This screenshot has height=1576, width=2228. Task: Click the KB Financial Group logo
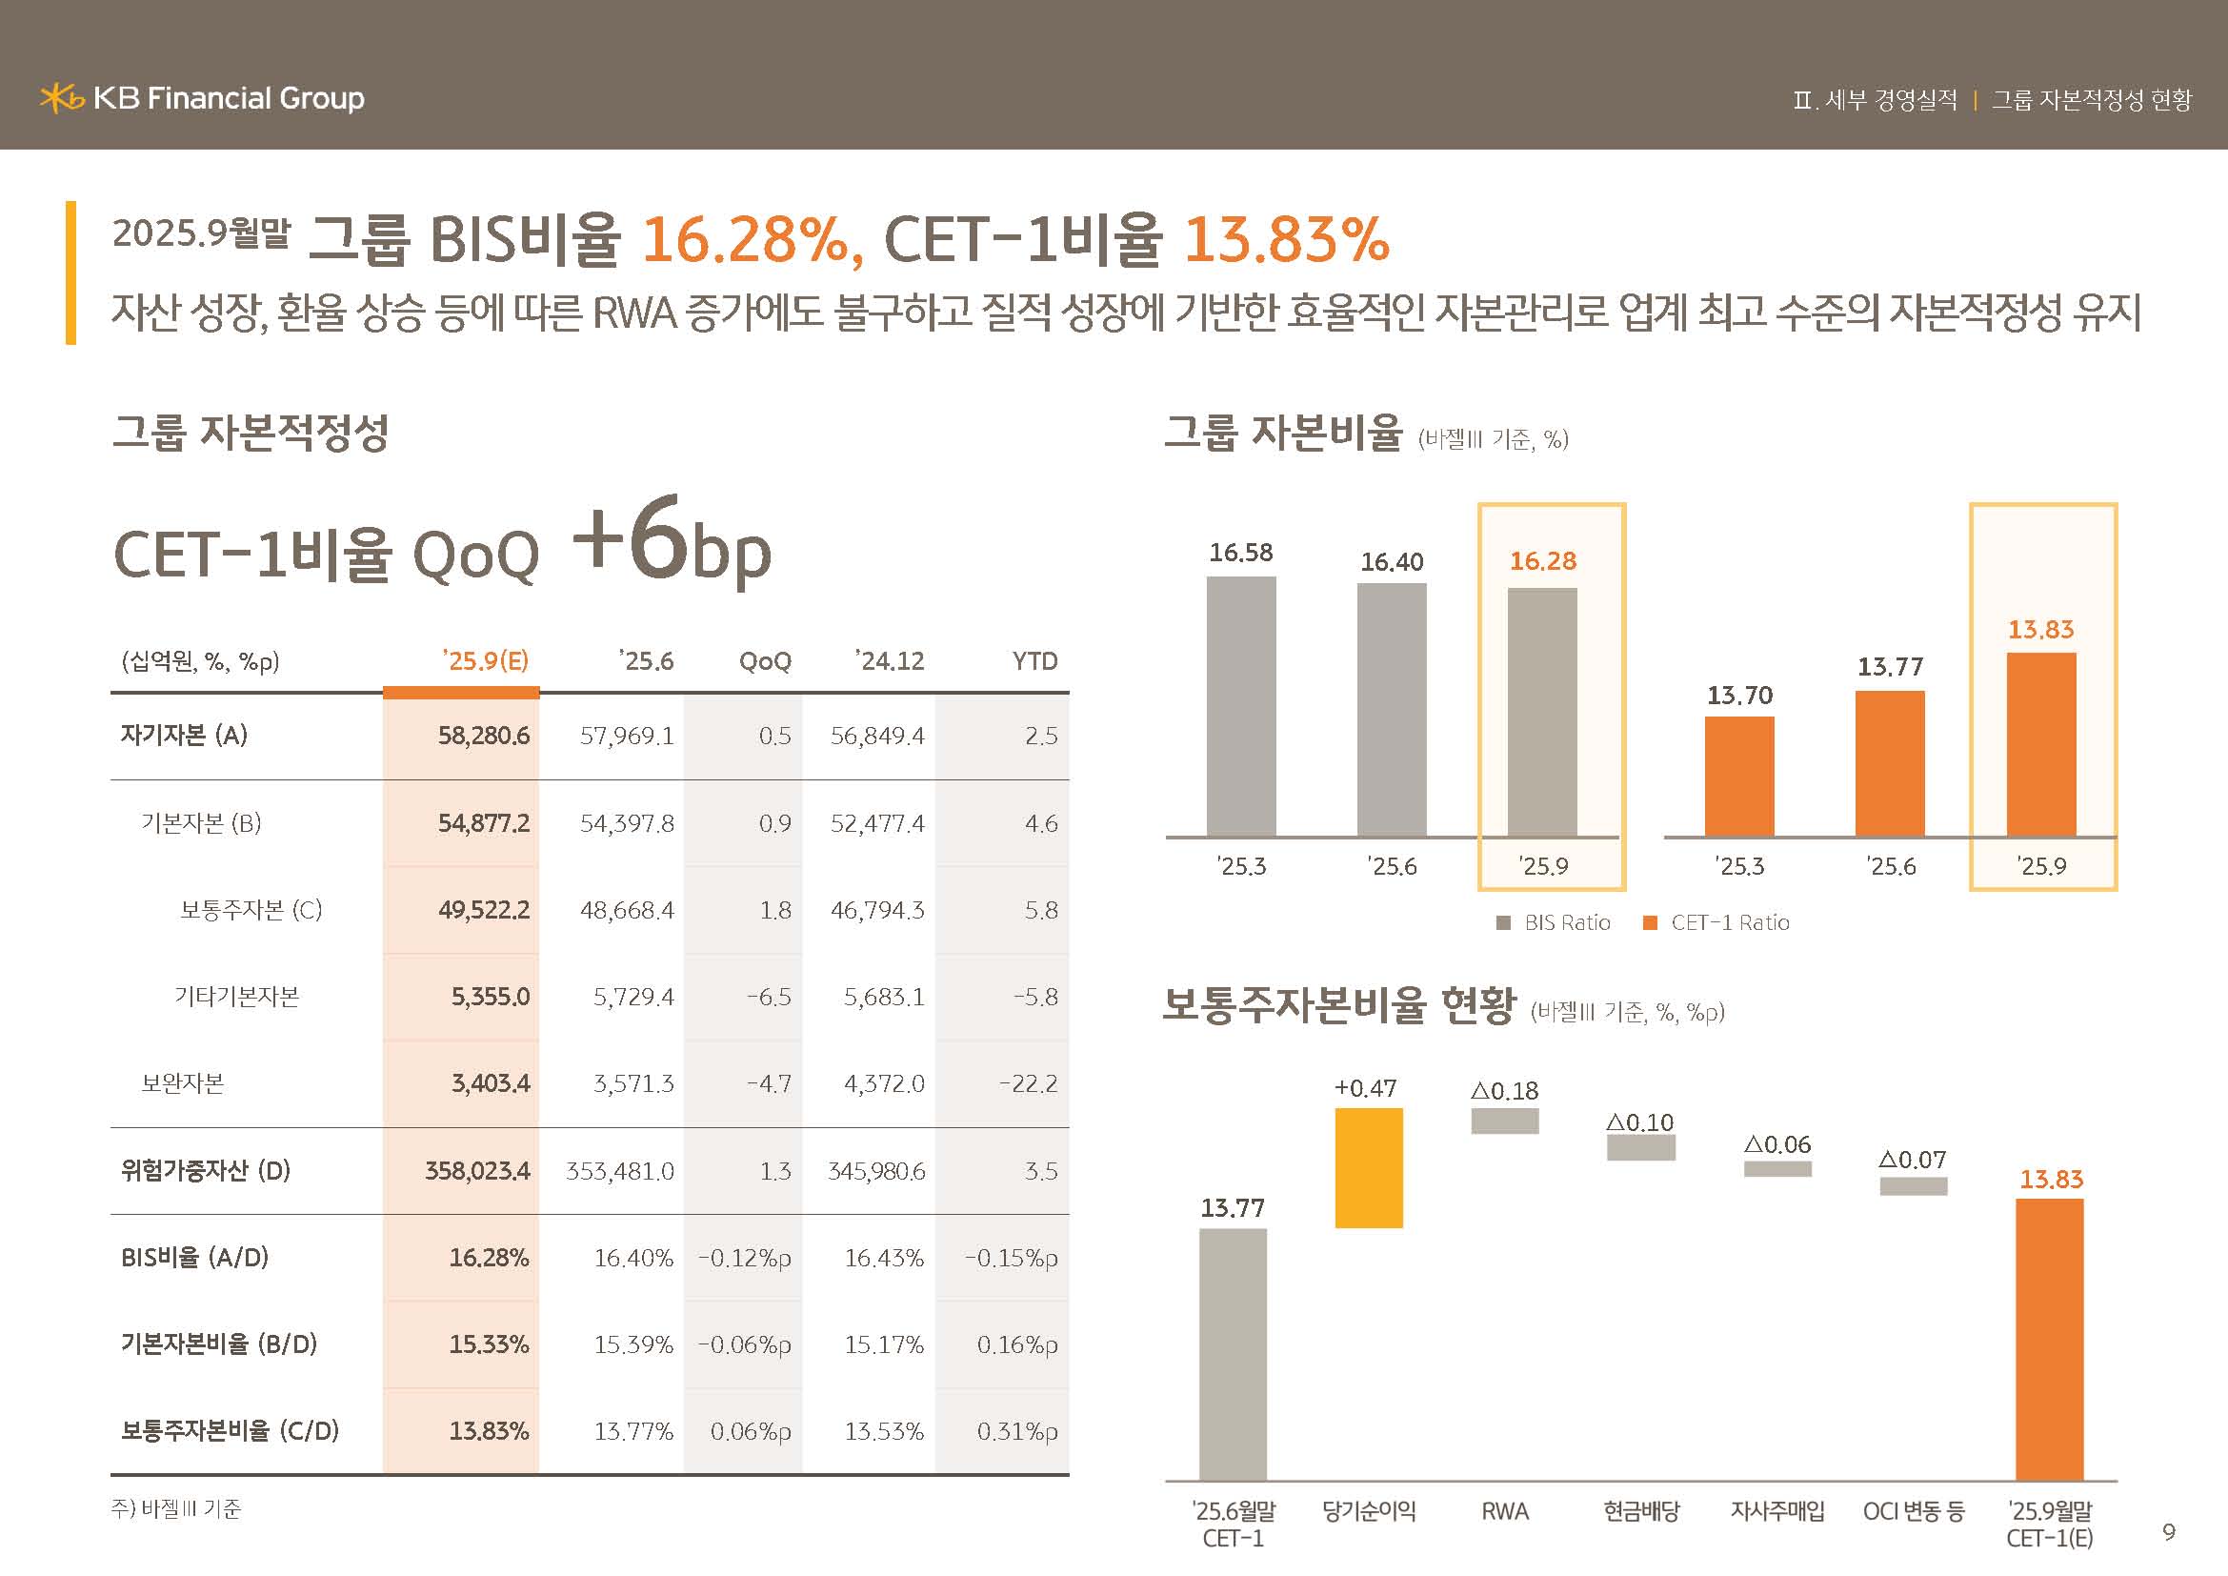202,98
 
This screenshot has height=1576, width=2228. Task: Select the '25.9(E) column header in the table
485,661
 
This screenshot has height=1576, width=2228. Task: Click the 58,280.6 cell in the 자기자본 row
483,736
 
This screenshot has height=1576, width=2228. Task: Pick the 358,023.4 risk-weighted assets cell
477,1170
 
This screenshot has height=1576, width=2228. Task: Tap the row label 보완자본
183,1083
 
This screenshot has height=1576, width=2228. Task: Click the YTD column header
1034,661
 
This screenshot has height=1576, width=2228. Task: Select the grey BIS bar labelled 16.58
1241,705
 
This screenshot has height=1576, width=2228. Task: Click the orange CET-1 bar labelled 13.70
1739,776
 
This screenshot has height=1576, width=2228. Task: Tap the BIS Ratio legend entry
1555,923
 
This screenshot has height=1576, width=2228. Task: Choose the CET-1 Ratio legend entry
1717,923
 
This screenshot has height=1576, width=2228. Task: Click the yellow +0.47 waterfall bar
1368,1167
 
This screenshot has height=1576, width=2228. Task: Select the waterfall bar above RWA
1504,1121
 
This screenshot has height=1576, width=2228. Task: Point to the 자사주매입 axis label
1776,1511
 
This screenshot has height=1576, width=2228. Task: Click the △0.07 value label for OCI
1912,1160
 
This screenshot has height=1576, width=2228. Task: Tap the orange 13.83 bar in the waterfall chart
2049,1339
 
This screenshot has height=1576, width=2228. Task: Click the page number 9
2169,1531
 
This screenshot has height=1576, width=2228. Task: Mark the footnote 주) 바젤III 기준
175,1509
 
